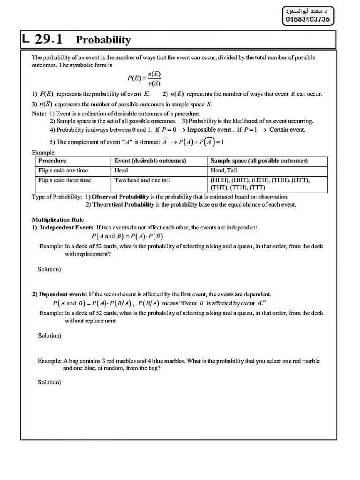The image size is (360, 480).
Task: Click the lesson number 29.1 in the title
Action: [x=49, y=39]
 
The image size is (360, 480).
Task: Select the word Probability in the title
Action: [x=103, y=40]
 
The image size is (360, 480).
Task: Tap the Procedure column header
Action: [x=52, y=161]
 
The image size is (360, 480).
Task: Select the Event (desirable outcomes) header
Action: [x=150, y=161]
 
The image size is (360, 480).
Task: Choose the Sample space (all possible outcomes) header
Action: [x=259, y=161]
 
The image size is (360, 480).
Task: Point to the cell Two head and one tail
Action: [x=142, y=180]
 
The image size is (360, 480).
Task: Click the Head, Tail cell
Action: [x=224, y=171]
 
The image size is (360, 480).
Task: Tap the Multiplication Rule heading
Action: [x=58, y=219]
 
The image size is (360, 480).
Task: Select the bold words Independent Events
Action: [x=66, y=227]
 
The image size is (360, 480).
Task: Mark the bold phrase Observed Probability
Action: [x=120, y=197]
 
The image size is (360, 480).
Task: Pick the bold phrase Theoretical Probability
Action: [x=123, y=204]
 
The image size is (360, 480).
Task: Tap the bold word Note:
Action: [x=39, y=114]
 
